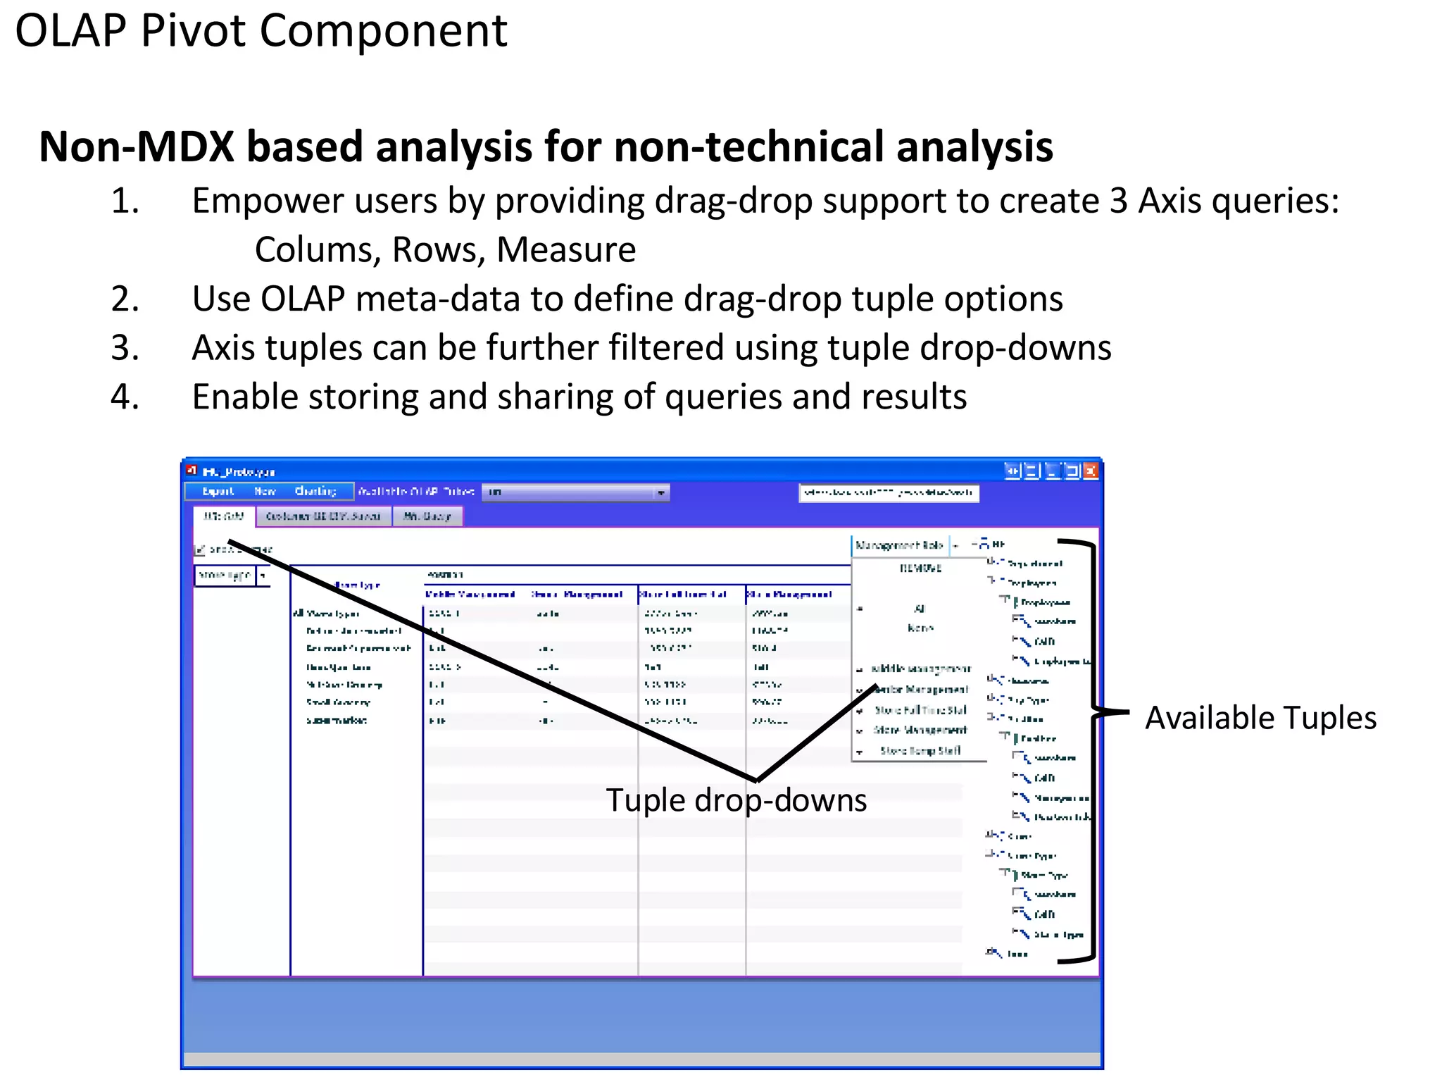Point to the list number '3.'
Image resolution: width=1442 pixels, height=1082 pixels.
tap(125, 348)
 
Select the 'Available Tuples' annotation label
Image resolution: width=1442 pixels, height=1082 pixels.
tap(1260, 718)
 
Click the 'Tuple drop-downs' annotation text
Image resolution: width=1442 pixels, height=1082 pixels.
tap(736, 800)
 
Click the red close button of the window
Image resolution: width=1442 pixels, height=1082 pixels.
tap(1090, 471)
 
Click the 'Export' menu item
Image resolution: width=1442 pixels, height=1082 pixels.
tap(218, 492)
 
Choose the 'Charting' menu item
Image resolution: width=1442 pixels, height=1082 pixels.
tap(315, 492)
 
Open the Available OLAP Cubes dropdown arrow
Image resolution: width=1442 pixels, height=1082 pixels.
tap(660, 492)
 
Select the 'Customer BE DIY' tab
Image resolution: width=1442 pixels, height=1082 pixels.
tap(323, 516)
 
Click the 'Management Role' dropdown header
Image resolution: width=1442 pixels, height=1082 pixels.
tap(899, 545)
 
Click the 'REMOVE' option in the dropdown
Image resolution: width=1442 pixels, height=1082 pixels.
tap(920, 568)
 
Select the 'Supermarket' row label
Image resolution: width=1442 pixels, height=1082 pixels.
tap(337, 721)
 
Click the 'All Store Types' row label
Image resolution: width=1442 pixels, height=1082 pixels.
tap(326, 614)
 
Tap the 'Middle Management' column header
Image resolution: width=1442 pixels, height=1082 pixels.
tap(470, 595)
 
